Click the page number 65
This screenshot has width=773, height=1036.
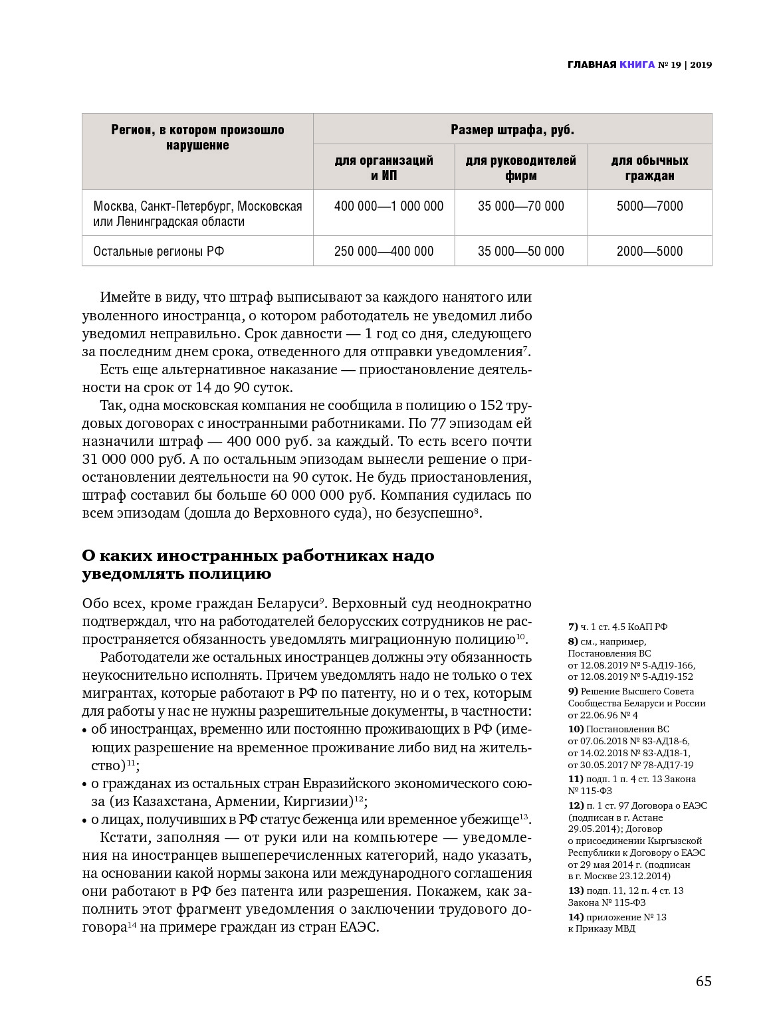point(704,981)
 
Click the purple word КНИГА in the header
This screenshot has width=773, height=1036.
point(637,64)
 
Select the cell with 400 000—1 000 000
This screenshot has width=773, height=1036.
point(389,206)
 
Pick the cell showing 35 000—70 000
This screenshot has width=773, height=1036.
point(521,206)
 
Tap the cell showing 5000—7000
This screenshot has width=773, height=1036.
point(649,206)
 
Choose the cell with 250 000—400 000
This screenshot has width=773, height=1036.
point(384,251)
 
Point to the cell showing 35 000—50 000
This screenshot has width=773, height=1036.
point(521,251)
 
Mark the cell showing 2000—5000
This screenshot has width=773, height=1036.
point(649,251)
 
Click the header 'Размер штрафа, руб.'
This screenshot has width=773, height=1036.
point(512,130)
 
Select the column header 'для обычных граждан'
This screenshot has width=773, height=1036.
point(649,168)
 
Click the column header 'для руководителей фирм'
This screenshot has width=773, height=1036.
point(521,168)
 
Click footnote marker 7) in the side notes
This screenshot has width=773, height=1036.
point(573,627)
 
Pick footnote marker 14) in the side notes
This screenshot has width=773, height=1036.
point(576,917)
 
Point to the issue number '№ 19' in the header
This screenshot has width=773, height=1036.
point(669,64)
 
